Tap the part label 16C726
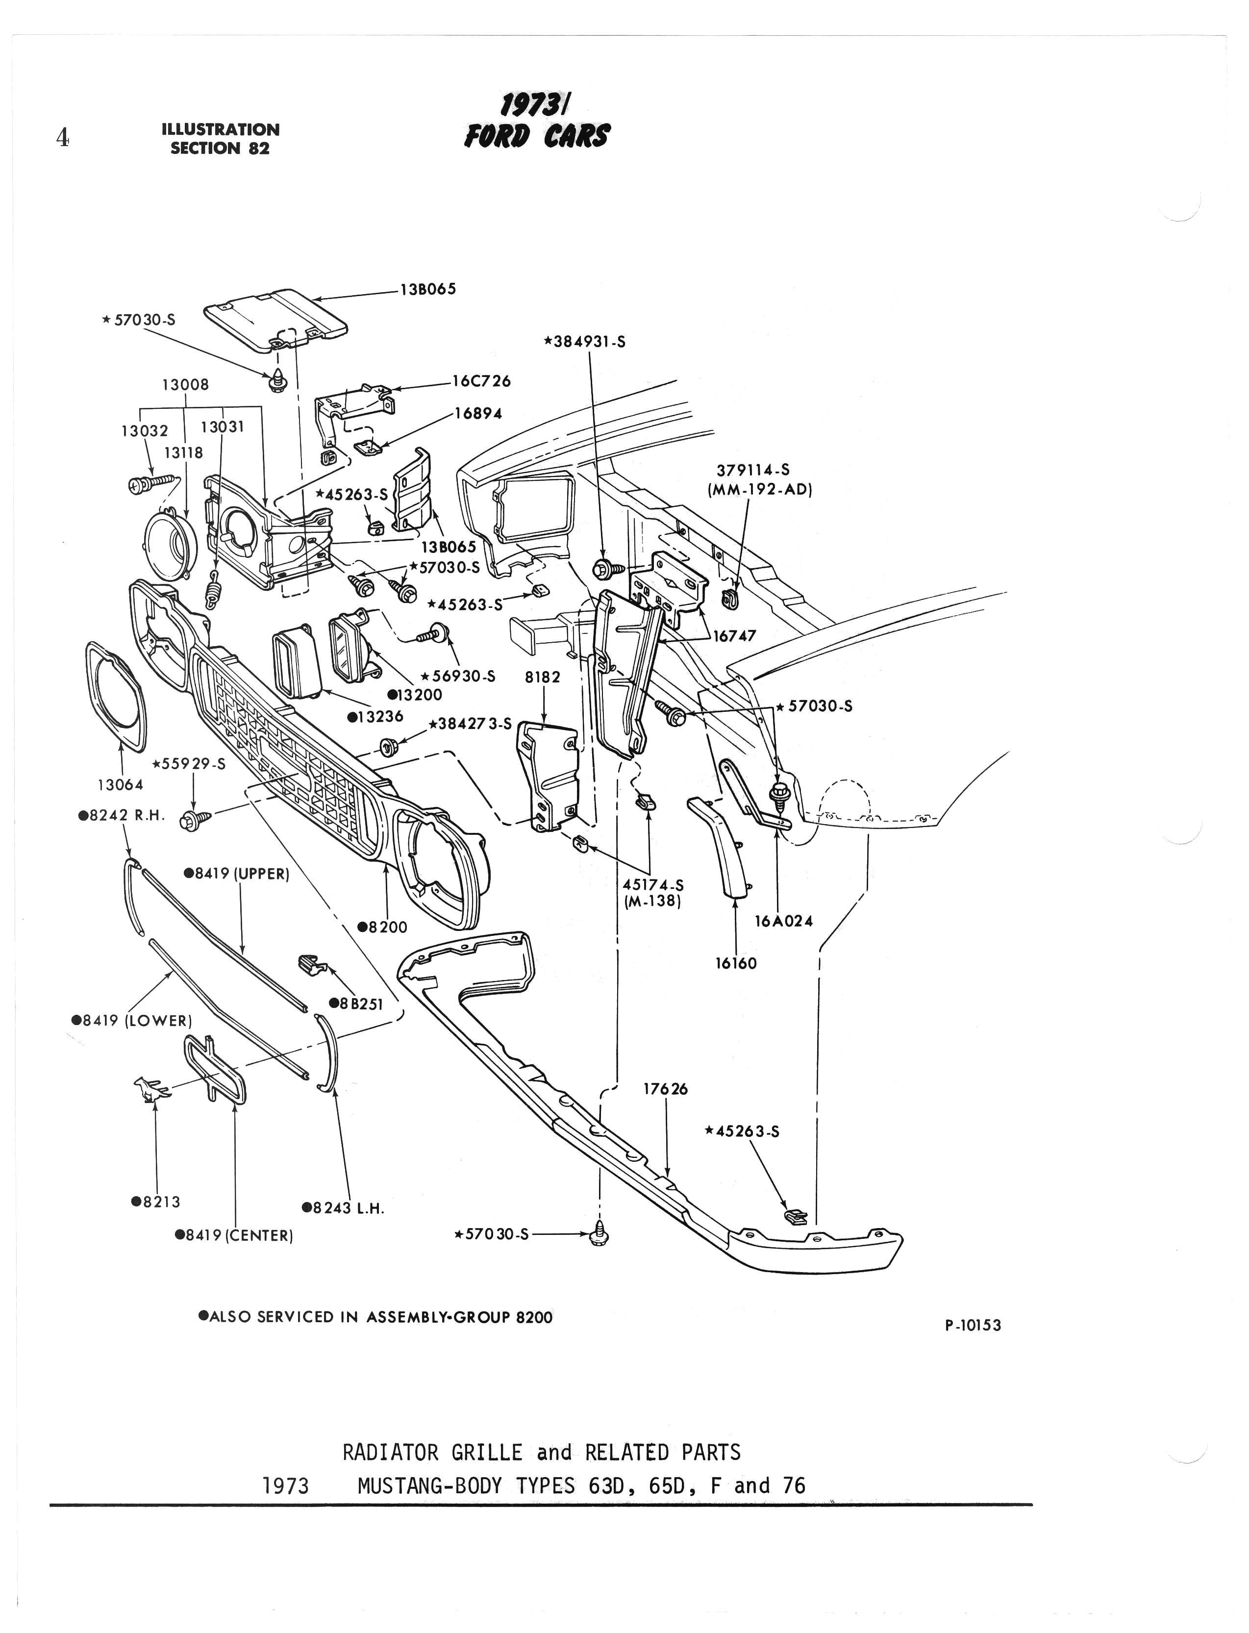coord(482,381)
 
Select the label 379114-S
coord(753,470)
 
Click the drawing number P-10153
coord(973,1325)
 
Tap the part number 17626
coord(665,1089)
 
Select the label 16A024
coord(784,921)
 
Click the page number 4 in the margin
coord(62,138)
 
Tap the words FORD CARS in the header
coord(537,136)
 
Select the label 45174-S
coord(653,885)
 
